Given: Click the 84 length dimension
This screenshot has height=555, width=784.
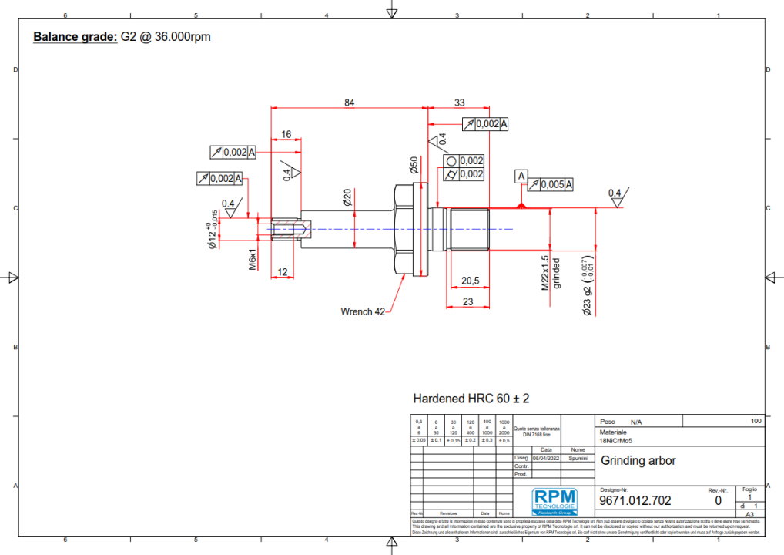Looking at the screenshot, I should tap(349, 103).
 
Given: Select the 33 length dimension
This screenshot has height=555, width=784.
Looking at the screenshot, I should tap(460, 103).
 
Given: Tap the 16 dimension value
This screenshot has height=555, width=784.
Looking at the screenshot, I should tap(286, 134).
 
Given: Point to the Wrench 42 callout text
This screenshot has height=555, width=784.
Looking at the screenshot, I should tap(363, 311).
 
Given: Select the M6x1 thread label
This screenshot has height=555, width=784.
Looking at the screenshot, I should tap(252, 260).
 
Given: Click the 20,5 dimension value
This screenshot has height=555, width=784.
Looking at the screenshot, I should tap(471, 281).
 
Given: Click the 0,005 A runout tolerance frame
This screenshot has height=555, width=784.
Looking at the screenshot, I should tap(551, 184).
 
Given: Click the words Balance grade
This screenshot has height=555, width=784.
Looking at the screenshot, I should tap(75, 36).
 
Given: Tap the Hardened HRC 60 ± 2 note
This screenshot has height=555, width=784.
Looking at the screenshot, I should tap(471, 399).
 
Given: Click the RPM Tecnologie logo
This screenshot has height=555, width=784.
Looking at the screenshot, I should tap(553, 500).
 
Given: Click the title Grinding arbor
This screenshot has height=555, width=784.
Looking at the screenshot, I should tap(638, 461).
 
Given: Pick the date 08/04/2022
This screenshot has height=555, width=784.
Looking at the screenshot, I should tap(545, 457).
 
